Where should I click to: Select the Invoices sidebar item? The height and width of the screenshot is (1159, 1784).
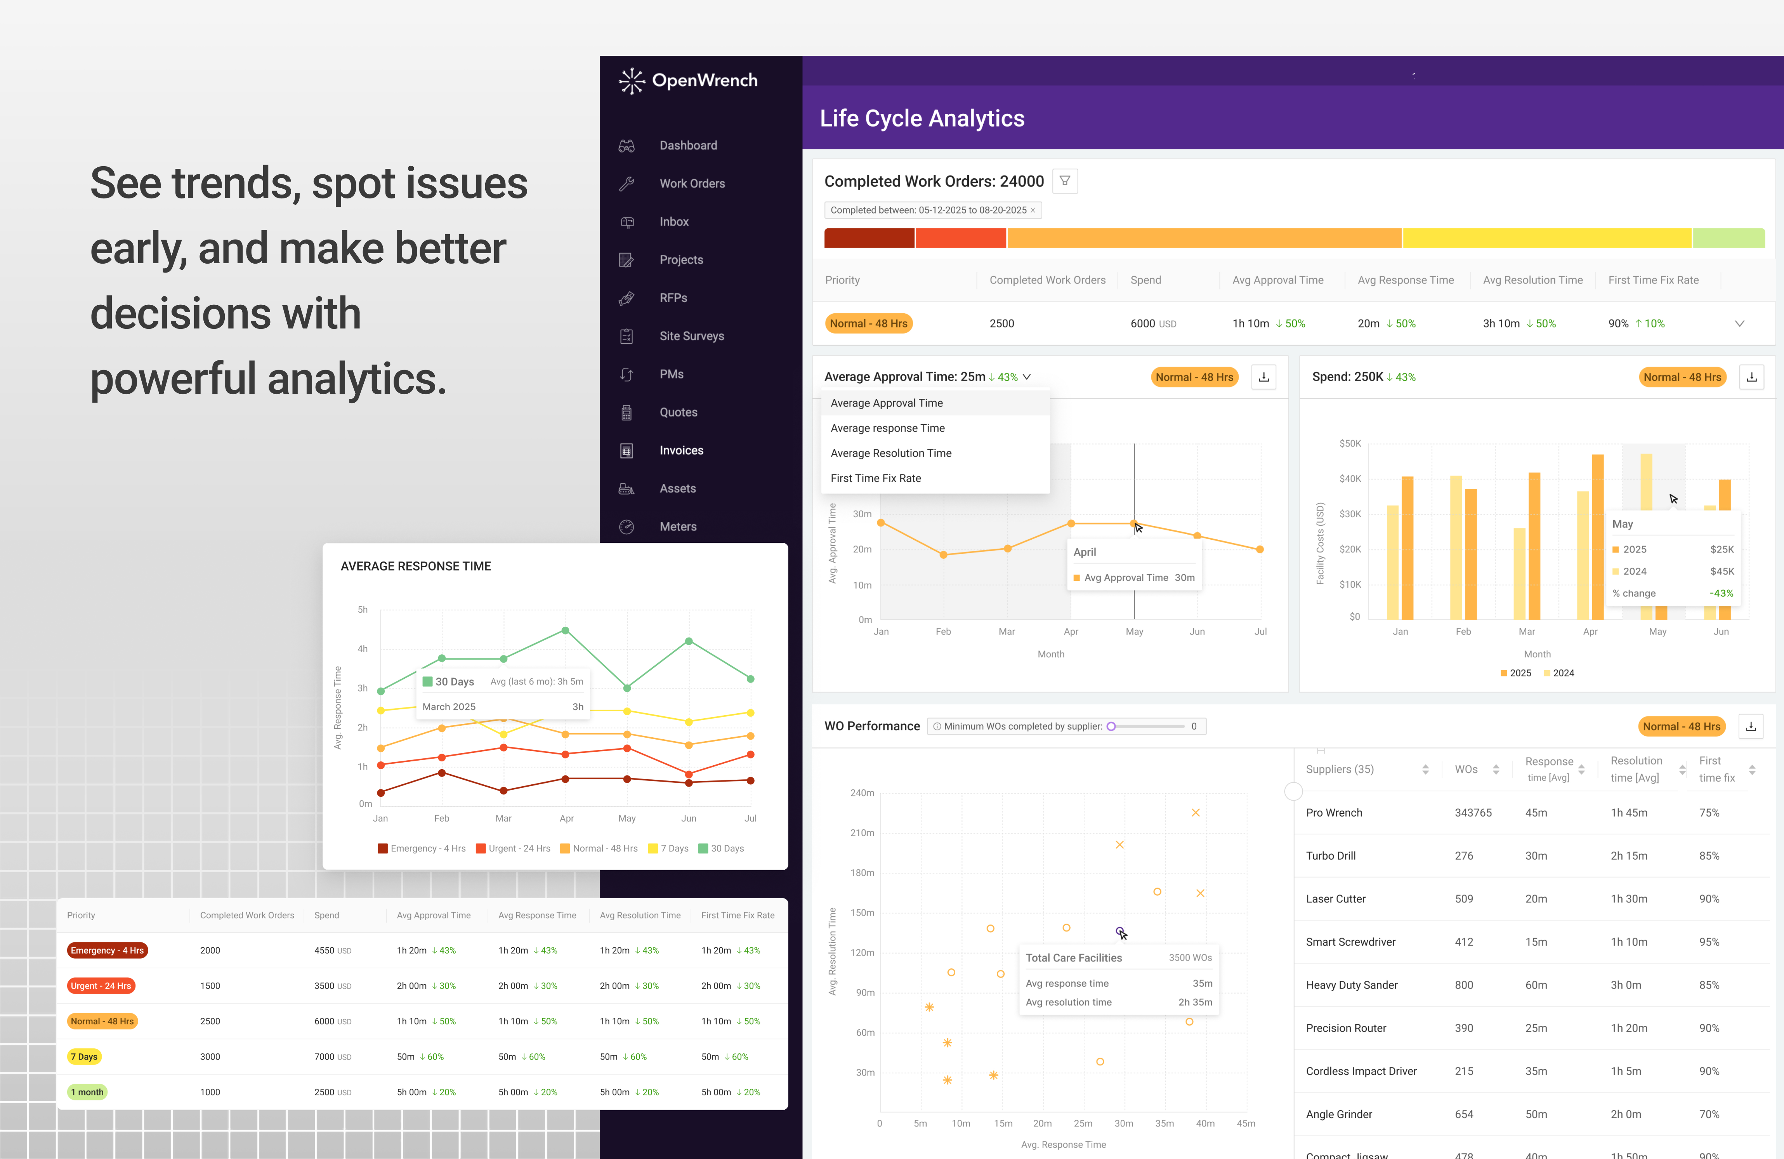680,450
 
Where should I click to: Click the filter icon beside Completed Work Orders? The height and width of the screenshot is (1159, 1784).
1064,181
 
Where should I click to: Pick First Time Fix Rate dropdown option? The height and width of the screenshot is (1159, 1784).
876,478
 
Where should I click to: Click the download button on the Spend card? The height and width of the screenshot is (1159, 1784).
1751,377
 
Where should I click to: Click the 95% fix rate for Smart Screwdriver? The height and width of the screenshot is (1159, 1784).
1709,942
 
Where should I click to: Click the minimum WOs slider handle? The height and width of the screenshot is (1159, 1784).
1111,726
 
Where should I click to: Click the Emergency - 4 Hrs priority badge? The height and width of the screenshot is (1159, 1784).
107,950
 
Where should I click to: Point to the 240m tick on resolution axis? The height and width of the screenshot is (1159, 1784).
862,793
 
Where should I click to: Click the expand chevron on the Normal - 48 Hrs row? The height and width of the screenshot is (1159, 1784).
1739,324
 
